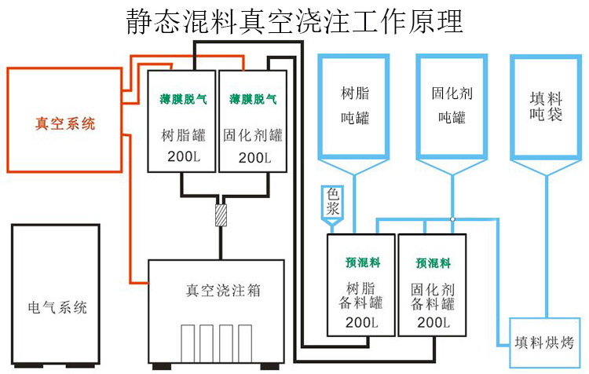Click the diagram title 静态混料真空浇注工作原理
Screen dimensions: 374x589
click(x=294, y=20)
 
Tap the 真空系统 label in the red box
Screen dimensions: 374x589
click(x=65, y=123)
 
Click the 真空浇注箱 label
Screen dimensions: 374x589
click(x=218, y=291)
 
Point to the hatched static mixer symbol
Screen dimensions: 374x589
click(x=221, y=214)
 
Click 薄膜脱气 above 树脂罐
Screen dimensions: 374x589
click(x=181, y=99)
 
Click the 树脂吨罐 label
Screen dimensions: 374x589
click(x=355, y=105)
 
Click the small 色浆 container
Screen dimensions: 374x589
click(x=331, y=204)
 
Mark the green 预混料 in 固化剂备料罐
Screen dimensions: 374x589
click(x=434, y=262)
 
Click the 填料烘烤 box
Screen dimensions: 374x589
click(x=544, y=342)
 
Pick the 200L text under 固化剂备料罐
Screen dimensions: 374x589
click(x=434, y=322)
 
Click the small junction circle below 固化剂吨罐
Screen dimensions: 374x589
click(x=453, y=218)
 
